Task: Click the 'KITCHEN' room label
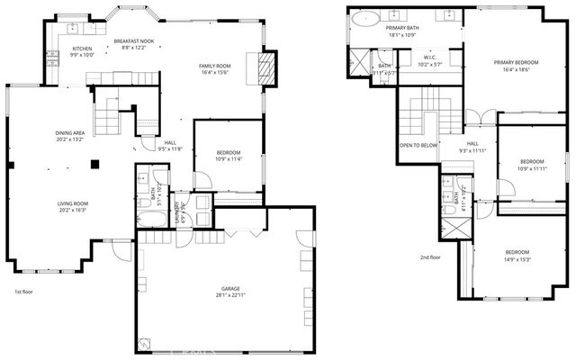83,48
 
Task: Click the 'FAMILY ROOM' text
216,66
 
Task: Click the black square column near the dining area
95,163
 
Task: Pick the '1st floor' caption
24,292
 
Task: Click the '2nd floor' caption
431,256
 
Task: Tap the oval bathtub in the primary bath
367,17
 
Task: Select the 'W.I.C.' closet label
430,57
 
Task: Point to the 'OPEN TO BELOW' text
418,145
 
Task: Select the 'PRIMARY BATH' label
403,28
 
